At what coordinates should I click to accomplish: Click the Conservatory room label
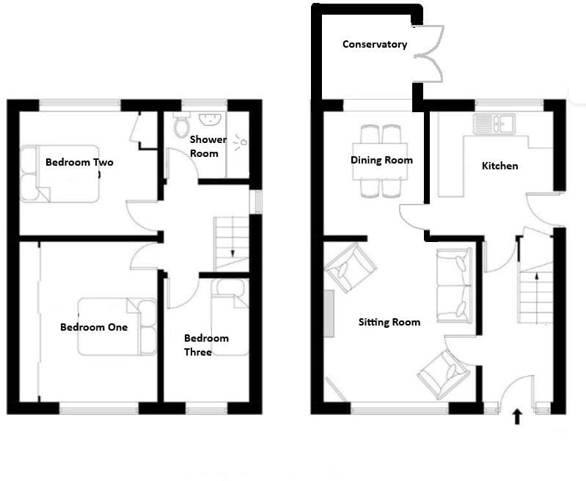click(374, 45)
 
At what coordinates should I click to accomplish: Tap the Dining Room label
click(381, 161)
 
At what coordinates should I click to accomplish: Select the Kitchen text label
click(499, 166)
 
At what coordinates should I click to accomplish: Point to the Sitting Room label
click(389, 322)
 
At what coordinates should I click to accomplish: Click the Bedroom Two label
click(79, 162)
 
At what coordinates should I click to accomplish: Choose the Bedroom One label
click(94, 327)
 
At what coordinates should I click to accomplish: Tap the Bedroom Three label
click(206, 345)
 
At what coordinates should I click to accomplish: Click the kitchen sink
click(494, 123)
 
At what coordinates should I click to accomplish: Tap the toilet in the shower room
click(181, 126)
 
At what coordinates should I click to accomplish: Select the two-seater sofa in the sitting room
click(454, 285)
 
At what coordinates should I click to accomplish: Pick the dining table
click(380, 161)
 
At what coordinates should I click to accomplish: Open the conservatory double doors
click(429, 54)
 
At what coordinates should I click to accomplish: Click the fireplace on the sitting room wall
click(329, 312)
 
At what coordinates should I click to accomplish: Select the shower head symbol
click(242, 142)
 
